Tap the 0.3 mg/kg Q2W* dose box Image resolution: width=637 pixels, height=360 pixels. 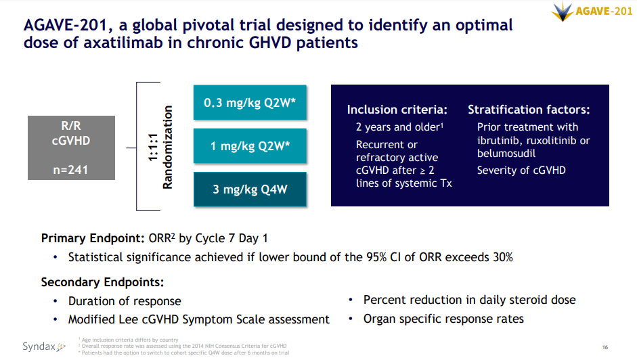click(250, 103)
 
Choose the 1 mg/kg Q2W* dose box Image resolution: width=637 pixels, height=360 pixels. click(250, 145)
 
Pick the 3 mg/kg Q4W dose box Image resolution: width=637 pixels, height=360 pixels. click(250, 189)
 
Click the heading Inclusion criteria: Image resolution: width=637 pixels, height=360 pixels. click(397, 110)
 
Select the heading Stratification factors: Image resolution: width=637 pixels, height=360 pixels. click(529, 110)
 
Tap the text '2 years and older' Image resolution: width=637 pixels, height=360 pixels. click(399, 127)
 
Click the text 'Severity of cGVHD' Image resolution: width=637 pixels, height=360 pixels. click(521, 170)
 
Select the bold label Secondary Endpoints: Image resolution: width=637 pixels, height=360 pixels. click(102, 282)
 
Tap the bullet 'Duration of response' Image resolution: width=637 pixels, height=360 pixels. click(125, 301)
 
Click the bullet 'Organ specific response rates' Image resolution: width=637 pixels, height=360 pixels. click(443, 319)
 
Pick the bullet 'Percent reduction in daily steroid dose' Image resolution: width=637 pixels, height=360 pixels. click(469, 300)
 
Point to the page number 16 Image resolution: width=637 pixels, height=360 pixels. click(605, 347)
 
